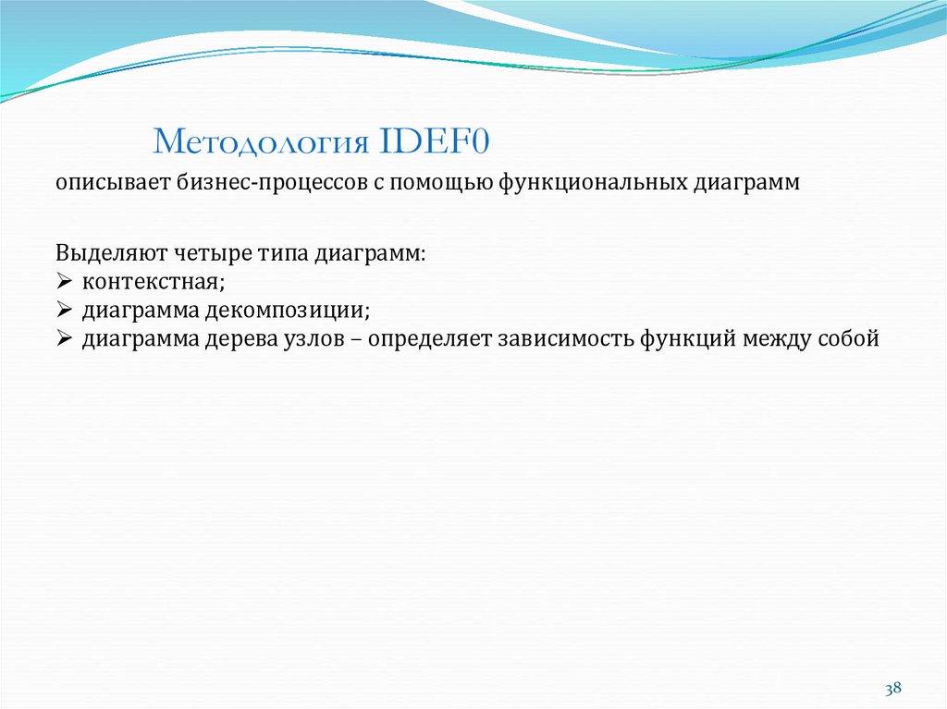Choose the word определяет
(430, 338)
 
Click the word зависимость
(564, 338)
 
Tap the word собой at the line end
(847, 338)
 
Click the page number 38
(892, 689)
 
